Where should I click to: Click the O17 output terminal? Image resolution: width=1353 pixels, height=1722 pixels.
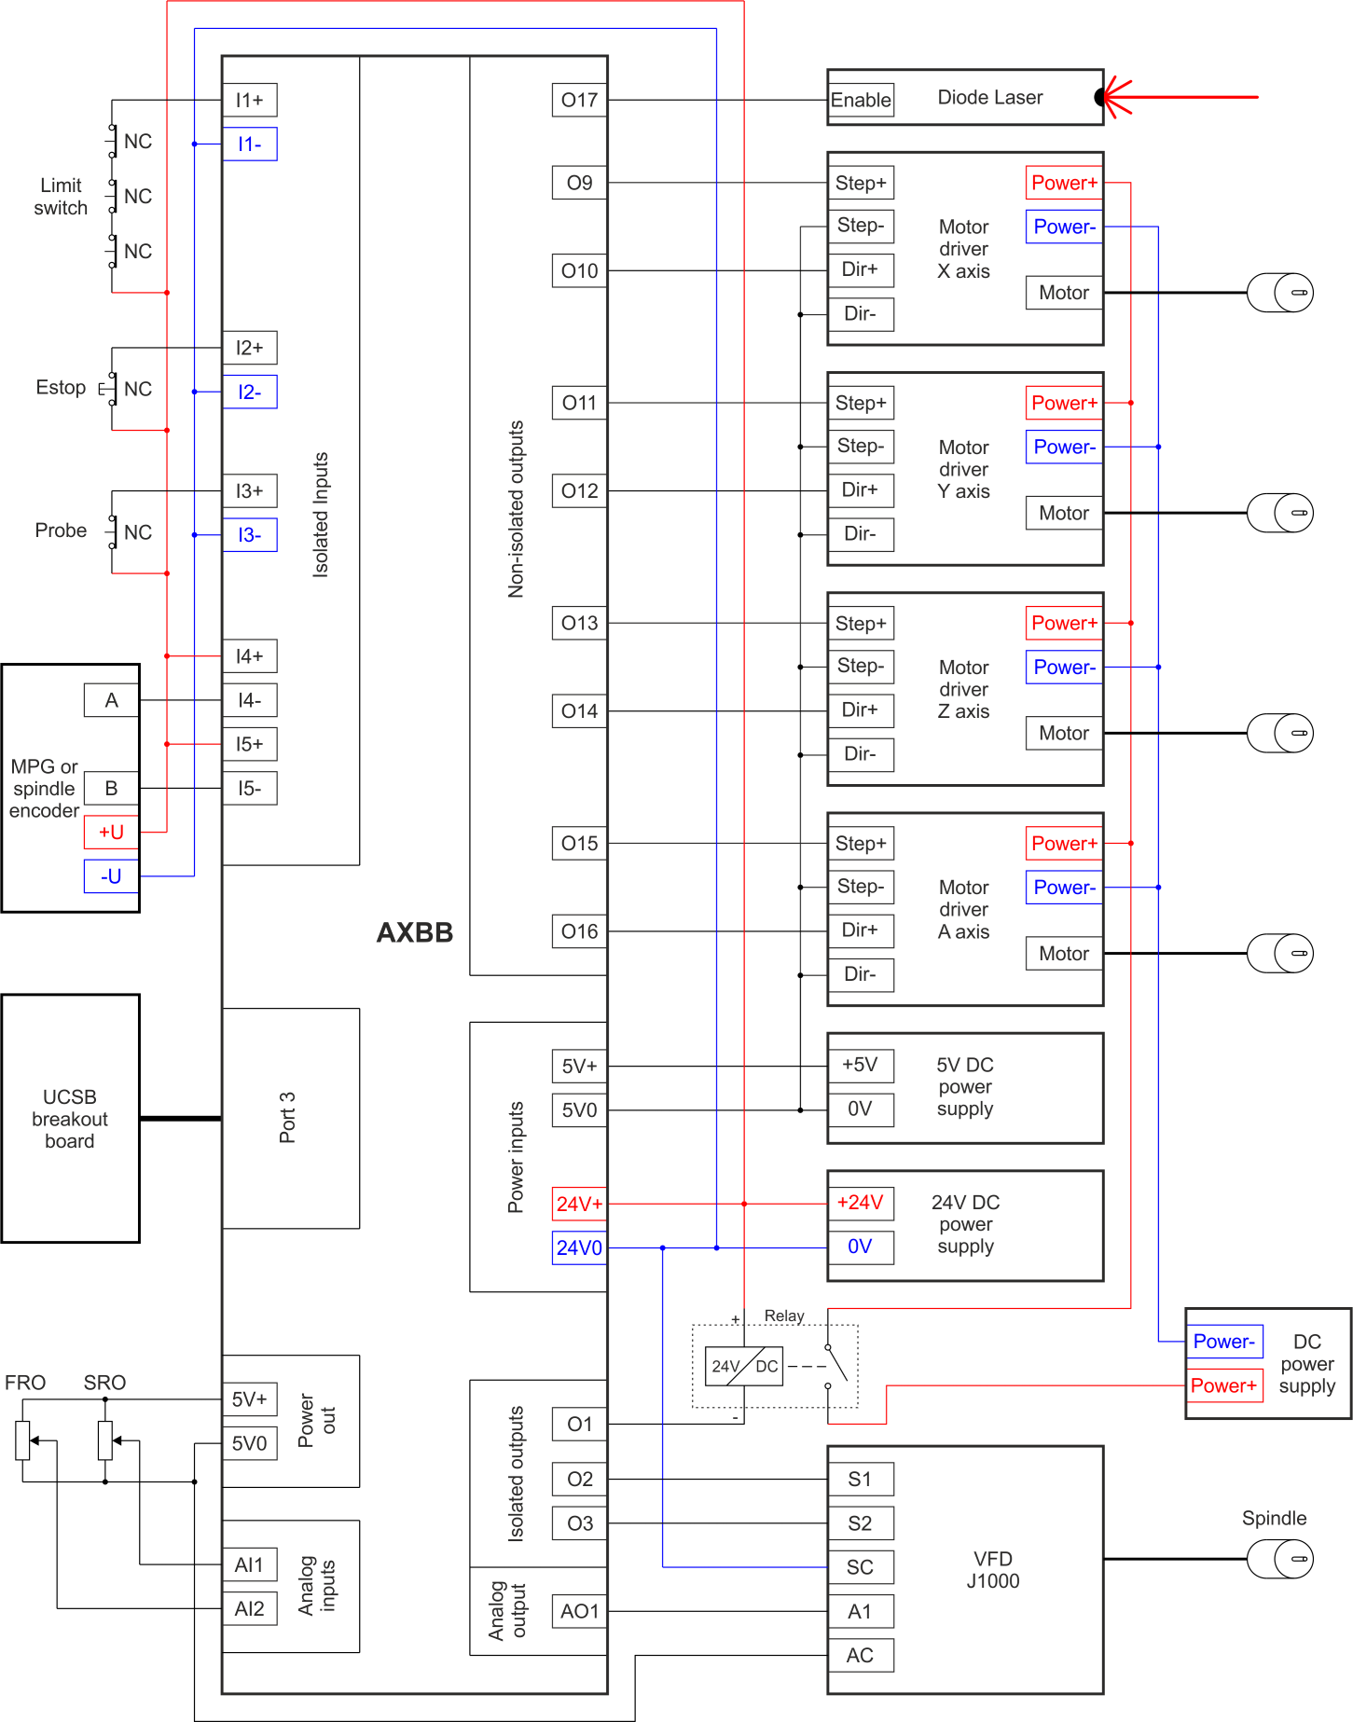(x=579, y=100)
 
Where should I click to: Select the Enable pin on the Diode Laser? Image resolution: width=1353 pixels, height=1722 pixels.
(x=861, y=100)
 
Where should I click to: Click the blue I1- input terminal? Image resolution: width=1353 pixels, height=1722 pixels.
(x=249, y=144)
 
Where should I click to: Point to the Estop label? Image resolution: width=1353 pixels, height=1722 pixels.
(x=61, y=387)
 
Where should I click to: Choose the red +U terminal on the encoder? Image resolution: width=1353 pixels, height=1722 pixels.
(x=111, y=832)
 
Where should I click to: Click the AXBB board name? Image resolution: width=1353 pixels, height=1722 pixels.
(x=415, y=932)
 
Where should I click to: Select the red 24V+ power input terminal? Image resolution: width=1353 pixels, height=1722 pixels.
(x=579, y=1204)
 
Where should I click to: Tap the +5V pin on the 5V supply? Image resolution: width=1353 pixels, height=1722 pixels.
(x=860, y=1065)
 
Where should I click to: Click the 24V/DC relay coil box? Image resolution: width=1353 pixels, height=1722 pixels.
(x=744, y=1366)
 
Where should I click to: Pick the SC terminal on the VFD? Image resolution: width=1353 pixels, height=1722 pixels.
(x=860, y=1567)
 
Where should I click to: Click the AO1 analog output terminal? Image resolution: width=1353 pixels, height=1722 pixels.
(x=579, y=1611)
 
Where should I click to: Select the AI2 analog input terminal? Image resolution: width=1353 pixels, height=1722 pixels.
(x=249, y=1608)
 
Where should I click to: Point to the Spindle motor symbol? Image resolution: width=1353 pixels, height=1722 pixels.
(x=1280, y=1558)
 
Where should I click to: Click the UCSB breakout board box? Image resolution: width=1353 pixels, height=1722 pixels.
(x=71, y=1119)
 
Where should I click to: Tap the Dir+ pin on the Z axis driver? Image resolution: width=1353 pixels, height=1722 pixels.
(x=860, y=709)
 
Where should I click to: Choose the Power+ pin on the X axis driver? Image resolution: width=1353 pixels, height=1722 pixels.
(x=1064, y=183)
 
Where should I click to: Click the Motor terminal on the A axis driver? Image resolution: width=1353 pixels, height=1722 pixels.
(x=1064, y=953)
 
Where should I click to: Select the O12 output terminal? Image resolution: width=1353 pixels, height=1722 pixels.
(x=579, y=490)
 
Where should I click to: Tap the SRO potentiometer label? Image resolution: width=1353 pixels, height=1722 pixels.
(x=104, y=1383)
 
